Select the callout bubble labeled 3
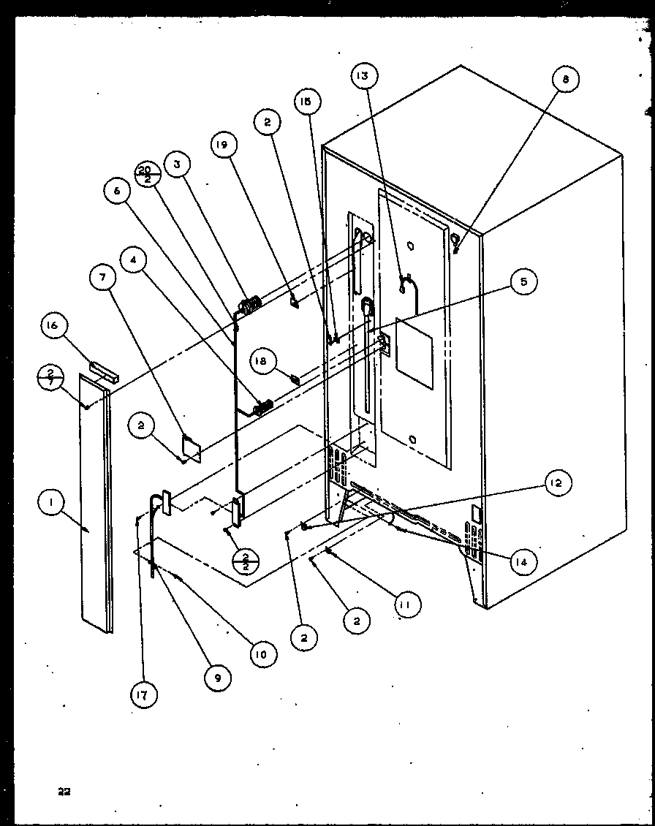tap(177, 164)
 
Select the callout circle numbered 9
tap(217, 678)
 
